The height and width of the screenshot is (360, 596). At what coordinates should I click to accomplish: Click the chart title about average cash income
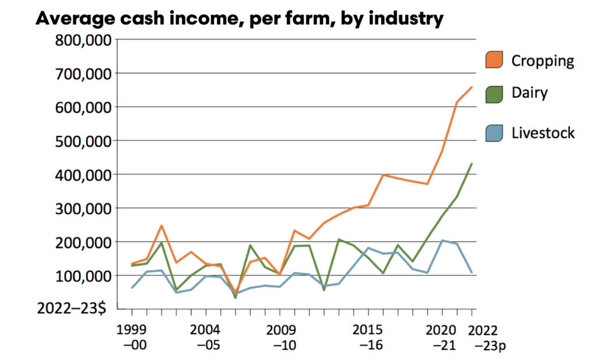(240, 19)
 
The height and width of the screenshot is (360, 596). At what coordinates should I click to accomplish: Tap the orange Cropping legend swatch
(494, 60)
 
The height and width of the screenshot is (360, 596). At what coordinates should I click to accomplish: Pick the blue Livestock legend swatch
(494, 133)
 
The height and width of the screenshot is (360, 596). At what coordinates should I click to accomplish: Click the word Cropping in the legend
(542, 60)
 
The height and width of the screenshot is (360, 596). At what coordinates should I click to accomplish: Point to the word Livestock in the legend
(542, 133)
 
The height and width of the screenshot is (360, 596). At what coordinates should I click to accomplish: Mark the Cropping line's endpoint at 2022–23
(471, 87)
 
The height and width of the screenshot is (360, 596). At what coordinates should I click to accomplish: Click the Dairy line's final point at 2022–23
(471, 164)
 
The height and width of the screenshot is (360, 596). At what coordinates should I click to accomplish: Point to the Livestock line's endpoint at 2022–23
(471, 272)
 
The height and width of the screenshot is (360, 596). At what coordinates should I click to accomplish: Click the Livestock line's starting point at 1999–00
(132, 287)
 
